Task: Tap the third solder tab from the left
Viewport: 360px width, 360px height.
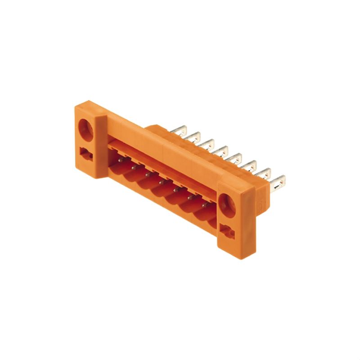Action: point(208,144)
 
